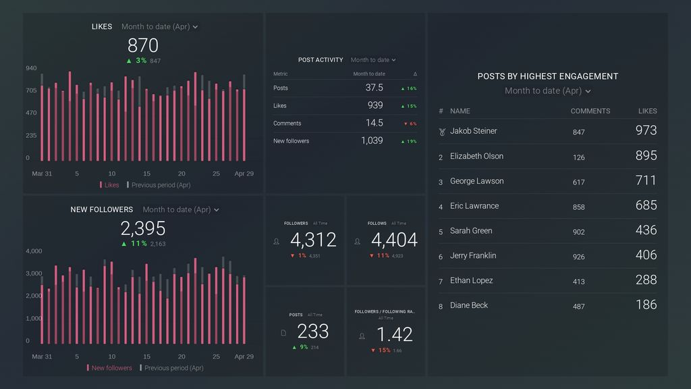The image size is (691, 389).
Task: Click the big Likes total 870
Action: tap(142, 45)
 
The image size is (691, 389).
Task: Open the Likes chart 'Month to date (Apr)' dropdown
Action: tap(160, 27)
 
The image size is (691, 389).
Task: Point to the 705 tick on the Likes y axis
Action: tap(31, 90)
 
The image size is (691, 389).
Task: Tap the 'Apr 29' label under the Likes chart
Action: tap(244, 174)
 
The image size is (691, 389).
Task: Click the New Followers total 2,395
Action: tap(142, 228)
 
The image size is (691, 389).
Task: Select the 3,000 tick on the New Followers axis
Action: tap(34, 274)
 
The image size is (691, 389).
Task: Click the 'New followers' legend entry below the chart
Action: tap(111, 368)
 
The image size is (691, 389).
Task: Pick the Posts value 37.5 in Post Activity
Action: tap(374, 88)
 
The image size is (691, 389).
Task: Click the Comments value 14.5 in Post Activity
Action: tap(374, 123)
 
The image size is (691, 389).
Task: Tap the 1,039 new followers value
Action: tap(371, 140)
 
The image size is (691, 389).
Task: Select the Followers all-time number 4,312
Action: tap(312, 240)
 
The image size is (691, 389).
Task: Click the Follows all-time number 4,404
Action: tap(394, 240)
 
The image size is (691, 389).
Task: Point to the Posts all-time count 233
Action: tap(312, 331)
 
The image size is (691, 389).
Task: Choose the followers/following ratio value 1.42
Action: tap(394, 334)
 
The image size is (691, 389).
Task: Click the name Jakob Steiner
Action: tap(473, 131)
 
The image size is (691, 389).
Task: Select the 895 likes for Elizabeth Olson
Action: tap(646, 155)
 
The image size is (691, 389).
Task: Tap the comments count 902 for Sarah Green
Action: tap(578, 232)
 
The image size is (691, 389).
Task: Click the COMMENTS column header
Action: tap(590, 111)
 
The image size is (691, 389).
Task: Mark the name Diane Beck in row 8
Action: tap(469, 305)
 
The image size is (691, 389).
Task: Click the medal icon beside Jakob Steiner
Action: tap(441, 132)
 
